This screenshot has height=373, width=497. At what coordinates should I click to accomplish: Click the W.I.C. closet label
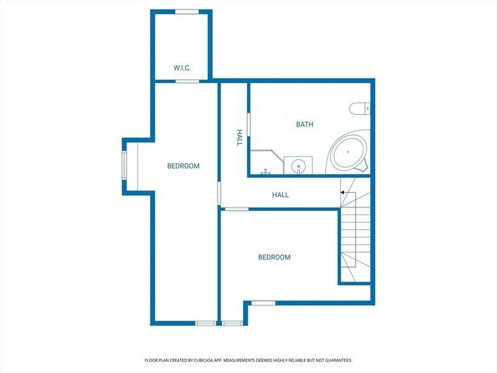pyautogui.click(x=182, y=68)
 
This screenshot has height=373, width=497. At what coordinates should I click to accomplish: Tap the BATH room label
pyautogui.click(x=304, y=124)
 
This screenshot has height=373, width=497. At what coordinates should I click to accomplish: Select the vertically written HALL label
pyautogui.click(x=239, y=138)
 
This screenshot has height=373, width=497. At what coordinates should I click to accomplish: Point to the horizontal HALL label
pyautogui.click(x=280, y=194)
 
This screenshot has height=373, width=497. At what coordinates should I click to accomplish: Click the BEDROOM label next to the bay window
pyautogui.click(x=183, y=166)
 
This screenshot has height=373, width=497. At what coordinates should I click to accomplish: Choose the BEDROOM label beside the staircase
pyautogui.click(x=274, y=257)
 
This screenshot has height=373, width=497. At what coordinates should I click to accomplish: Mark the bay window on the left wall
pyautogui.click(x=124, y=165)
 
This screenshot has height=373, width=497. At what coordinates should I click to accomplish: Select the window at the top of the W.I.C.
pyautogui.click(x=186, y=11)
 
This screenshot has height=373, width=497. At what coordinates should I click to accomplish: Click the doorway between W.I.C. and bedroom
pyautogui.click(x=186, y=81)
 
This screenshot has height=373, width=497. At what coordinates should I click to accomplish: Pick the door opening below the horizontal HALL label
pyautogui.click(x=236, y=208)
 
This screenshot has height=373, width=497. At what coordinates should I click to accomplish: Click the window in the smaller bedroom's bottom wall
pyautogui.click(x=263, y=302)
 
